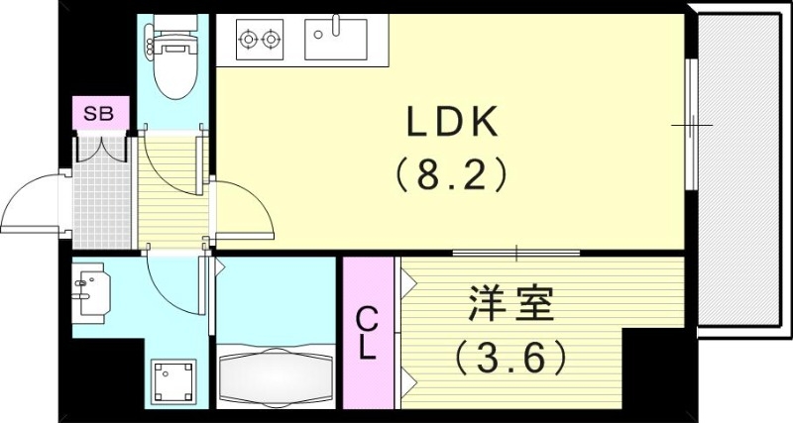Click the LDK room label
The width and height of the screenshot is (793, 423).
[453, 123]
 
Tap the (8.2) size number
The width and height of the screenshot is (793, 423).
[453, 176]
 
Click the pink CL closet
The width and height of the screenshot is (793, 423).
[368, 333]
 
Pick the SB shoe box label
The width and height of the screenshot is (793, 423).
[98, 114]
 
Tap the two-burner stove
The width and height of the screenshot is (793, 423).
[261, 41]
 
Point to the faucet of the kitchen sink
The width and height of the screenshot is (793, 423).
[336, 25]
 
